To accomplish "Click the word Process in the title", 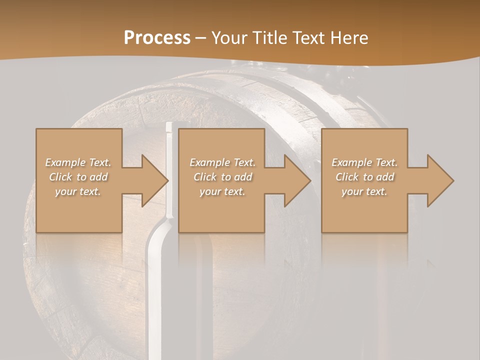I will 157,38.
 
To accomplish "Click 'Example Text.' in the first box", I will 78,162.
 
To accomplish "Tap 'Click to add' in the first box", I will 78,177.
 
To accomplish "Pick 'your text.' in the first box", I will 78,191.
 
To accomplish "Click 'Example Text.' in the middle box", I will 222,162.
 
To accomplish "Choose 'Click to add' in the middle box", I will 222,177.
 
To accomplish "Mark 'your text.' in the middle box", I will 222,191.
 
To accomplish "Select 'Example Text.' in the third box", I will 364,162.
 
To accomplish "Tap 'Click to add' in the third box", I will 364,177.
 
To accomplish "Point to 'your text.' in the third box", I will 364,191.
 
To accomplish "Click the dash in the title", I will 200,38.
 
